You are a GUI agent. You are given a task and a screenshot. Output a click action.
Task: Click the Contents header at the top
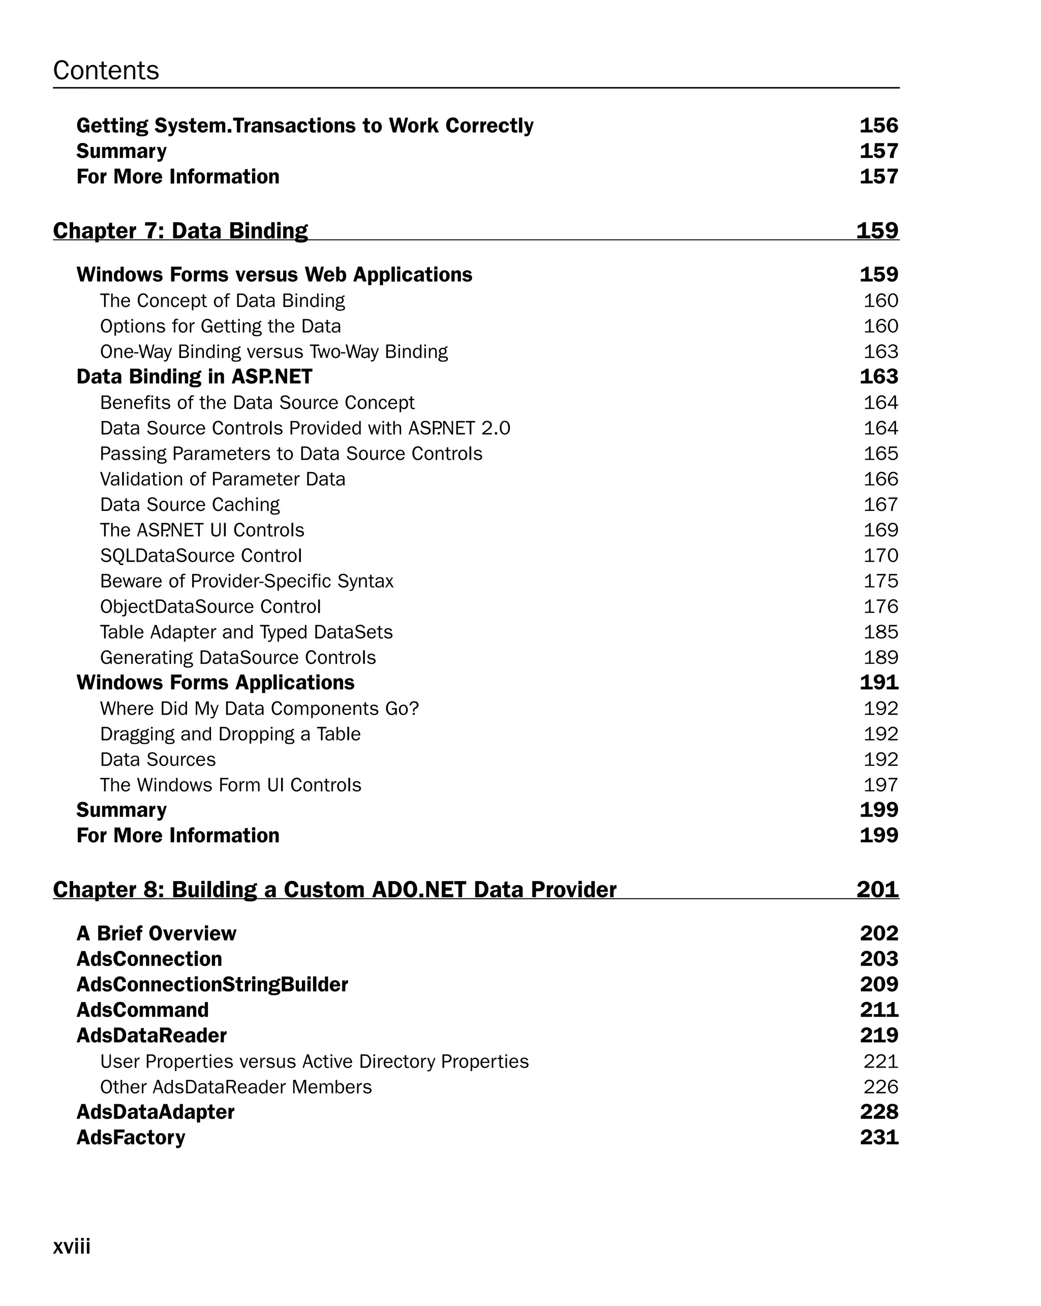(106, 70)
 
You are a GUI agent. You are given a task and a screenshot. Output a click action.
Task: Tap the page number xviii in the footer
(72, 1246)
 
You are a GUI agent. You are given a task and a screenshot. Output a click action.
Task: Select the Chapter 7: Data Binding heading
(180, 231)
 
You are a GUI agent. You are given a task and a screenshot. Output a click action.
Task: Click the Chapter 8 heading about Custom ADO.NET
(334, 889)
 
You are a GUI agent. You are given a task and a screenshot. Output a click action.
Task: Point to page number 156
(878, 126)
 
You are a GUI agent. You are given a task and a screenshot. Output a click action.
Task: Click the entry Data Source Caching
(190, 505)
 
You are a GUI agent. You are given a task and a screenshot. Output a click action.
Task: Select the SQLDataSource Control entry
(200, 556)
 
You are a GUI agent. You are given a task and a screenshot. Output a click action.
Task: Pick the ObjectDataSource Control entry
(210, 606)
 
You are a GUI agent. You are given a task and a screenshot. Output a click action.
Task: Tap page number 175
(880, 581)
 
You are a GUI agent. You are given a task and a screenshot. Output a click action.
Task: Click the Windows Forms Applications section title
(215, 683)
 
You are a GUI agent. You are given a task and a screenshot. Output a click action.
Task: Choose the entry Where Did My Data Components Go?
(259, 708)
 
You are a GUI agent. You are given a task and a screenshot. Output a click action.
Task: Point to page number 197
(880, 784)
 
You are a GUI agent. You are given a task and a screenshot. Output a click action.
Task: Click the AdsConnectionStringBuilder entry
(212, 984)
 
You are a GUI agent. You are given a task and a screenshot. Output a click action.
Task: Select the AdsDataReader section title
(151, 1035)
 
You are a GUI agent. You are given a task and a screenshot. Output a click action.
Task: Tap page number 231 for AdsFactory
(879, 1137)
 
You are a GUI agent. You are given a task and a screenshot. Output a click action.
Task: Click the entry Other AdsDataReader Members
(235, 1087)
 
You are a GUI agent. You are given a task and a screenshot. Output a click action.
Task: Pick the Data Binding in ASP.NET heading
(194, 377)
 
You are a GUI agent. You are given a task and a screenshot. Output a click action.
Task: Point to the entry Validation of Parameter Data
(222, 479)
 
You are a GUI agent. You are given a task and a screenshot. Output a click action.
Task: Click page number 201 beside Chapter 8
(877, 889)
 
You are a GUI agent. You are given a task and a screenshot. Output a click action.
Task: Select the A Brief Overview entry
(156, 933)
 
